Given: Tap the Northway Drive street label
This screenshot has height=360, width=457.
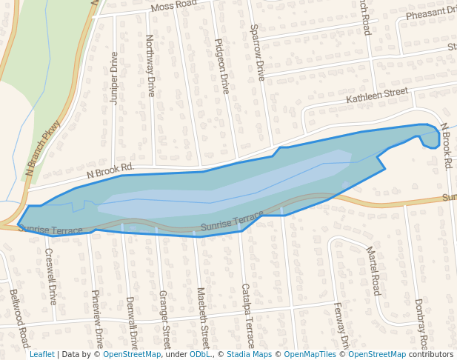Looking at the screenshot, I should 150,65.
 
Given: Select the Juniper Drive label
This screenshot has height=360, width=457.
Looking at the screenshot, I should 114,79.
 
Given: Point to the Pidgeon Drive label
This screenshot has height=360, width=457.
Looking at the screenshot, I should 221,66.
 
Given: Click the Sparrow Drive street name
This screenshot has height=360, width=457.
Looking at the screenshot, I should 258,52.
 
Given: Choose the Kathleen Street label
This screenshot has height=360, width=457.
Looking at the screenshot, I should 377,96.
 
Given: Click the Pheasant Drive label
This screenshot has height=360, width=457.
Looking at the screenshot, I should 430,13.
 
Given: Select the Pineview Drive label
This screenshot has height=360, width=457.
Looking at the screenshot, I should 97,319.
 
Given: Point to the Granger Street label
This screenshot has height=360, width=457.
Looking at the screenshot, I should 165,319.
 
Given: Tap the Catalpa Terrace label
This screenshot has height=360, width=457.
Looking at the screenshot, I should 247,316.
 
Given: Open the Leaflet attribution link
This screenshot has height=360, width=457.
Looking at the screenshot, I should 42,355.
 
